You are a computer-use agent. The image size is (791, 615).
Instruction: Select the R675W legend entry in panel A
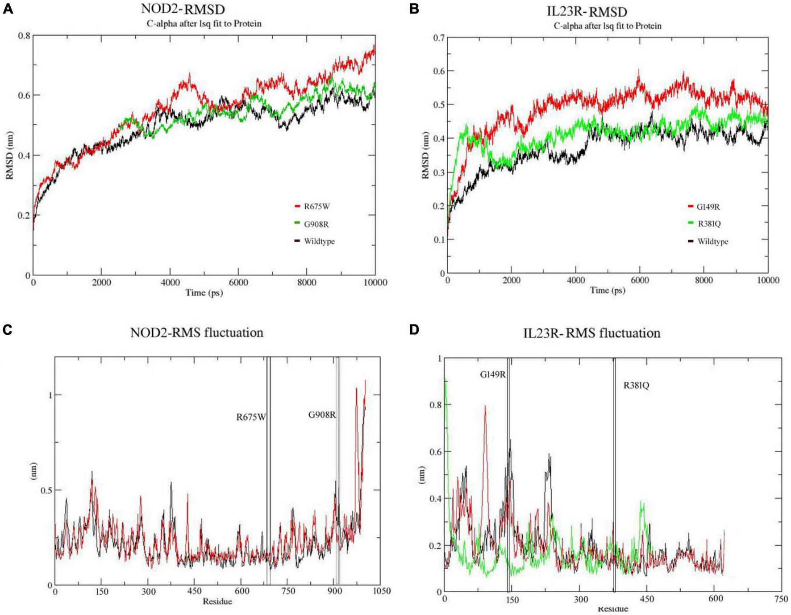[x=316, y=206]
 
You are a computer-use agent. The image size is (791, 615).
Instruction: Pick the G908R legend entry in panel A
[x=316, y=224]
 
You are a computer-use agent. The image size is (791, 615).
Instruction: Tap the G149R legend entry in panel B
[x=708, y=207]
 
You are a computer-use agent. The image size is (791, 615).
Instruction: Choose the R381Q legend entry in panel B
[x=709, y=224]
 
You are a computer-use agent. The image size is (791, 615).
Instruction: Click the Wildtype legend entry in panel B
[x=712, y=241]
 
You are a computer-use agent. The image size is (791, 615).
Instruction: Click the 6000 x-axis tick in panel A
[x=238, y=282]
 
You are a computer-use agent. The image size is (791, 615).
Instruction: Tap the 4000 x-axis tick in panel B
[x=575, y=280]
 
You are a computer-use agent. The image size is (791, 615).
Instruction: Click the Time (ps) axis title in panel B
[x=607, y=291]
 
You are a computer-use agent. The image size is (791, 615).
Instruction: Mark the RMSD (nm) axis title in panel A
[x=9, y=155]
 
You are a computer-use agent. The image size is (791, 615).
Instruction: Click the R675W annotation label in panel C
[x=251, y=417]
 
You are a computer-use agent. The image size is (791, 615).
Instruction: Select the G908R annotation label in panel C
[x=322, y=415]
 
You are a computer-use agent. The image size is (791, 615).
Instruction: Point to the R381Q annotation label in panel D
[x=636, y=385]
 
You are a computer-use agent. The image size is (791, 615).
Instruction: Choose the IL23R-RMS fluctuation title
[x=591, y=333]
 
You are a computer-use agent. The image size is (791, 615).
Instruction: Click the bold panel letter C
[x=7, y=330]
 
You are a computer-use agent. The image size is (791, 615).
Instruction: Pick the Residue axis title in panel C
[x=217, y=601]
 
